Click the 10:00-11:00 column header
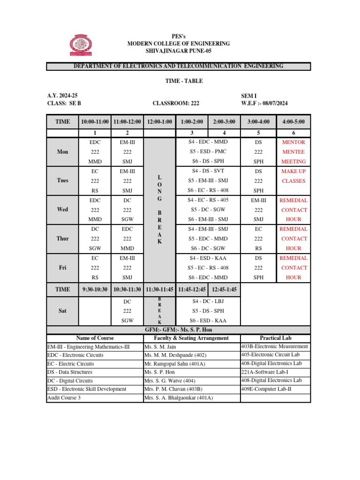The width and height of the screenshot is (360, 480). click(x=95, y=122)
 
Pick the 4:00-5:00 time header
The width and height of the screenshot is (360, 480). click(x=293, y=122)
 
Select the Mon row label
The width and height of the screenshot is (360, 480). click(x=63, y=152)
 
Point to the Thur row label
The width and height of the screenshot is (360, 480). click(x=63, y=239)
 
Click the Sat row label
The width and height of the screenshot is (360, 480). click(x=63, y=310)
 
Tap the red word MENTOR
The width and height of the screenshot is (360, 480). click(x=293, y=142)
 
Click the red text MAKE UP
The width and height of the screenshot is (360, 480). click(x=293, y=171)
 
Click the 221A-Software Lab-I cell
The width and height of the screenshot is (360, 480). click(x=266, y=372)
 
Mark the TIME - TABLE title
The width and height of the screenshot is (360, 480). click(x=180, y=81)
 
